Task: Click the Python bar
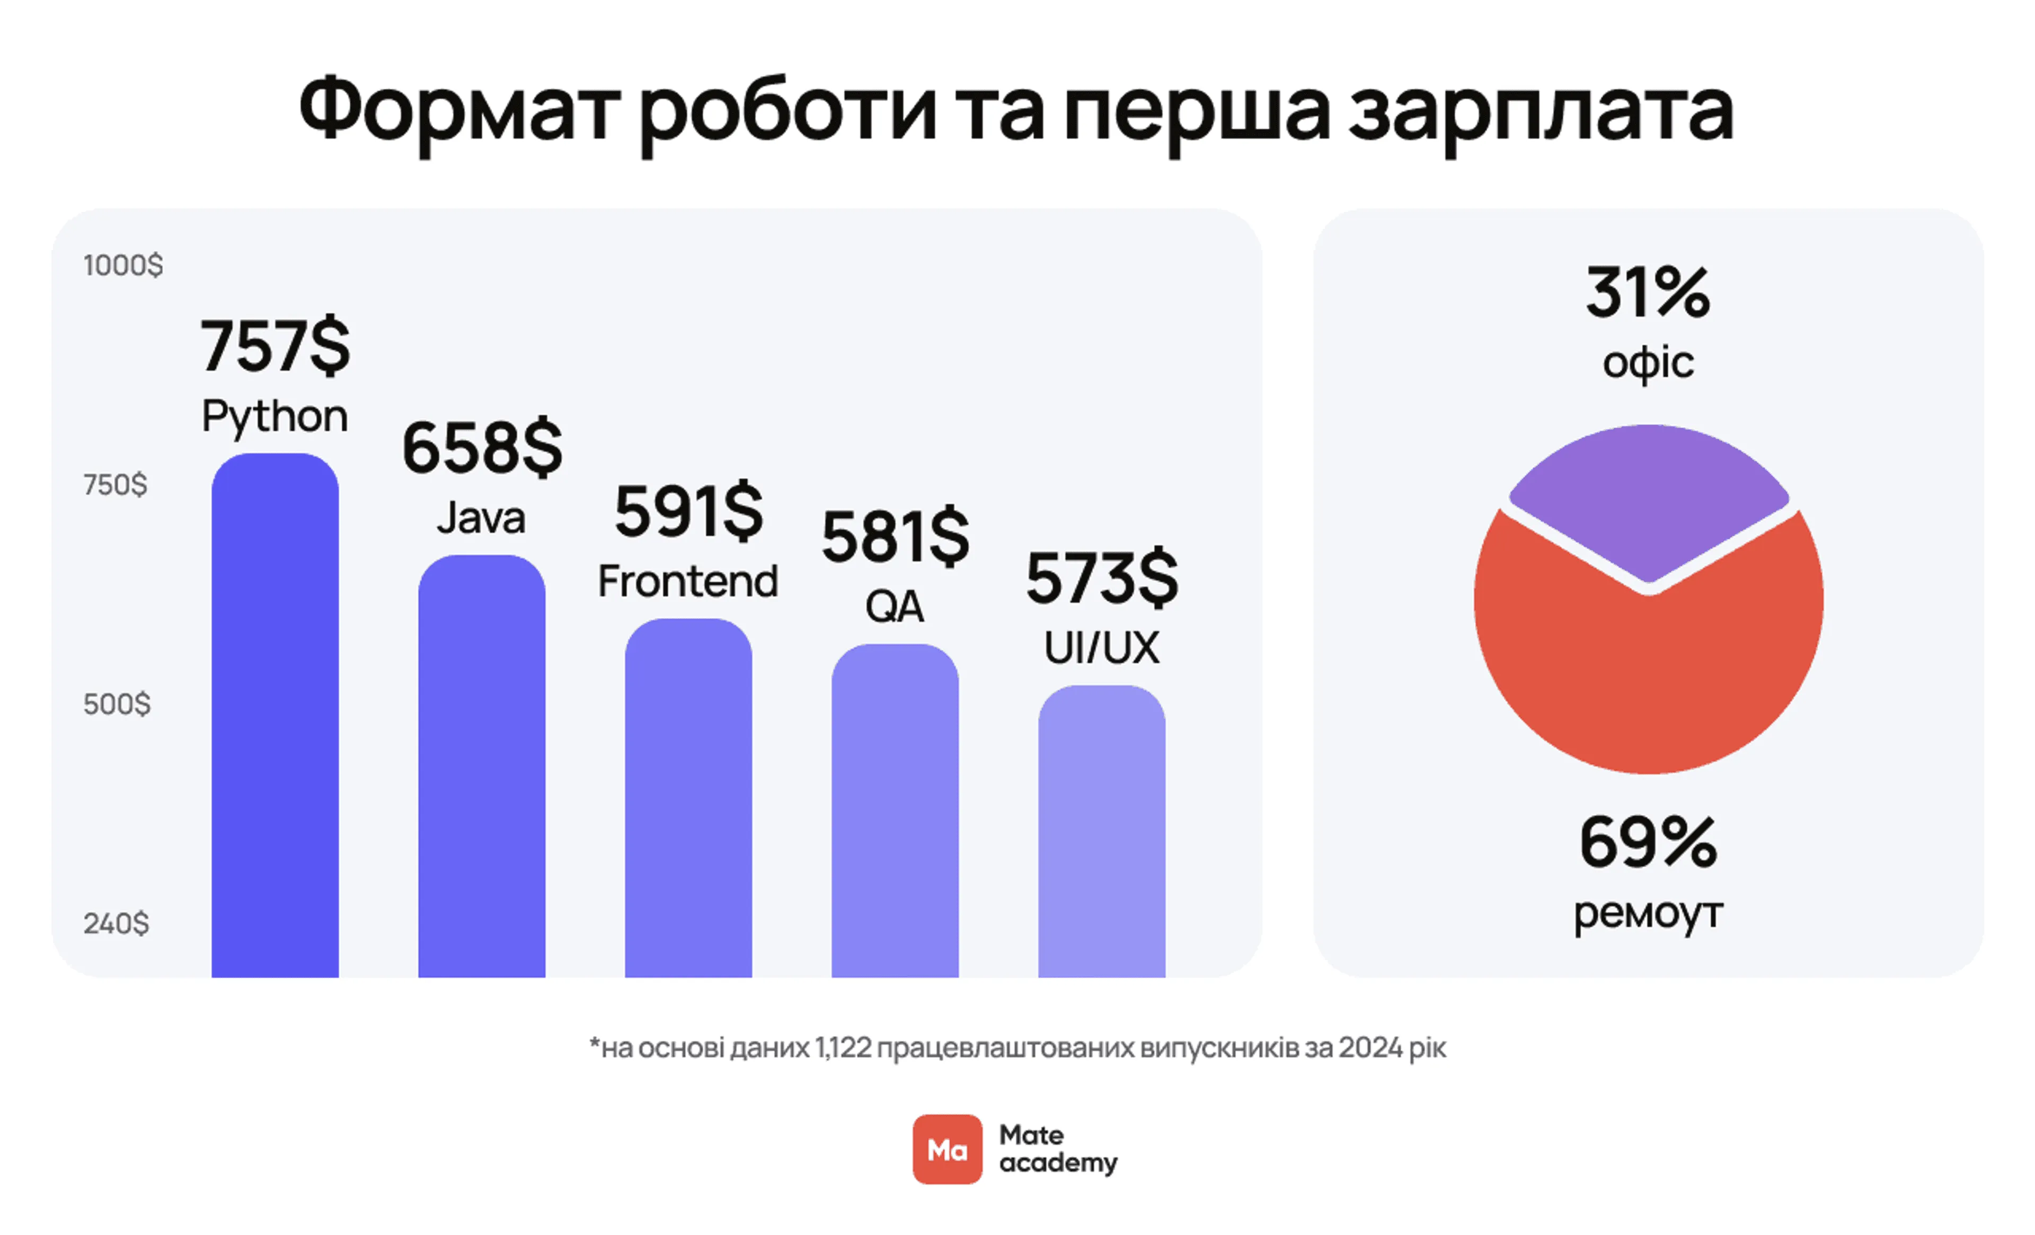tap(275, 718)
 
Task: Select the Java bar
tap(482, 768)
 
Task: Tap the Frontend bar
tap(688, 801)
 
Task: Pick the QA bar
tap(895, 813)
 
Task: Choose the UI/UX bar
tap(1101, 834)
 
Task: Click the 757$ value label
tap(275, 345)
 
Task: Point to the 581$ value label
tap(895, 537)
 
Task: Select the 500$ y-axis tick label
tap(117, 704)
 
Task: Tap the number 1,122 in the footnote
tap(843, 1047)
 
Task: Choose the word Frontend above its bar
tap(688, 581)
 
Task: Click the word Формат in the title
tap(459, 111)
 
